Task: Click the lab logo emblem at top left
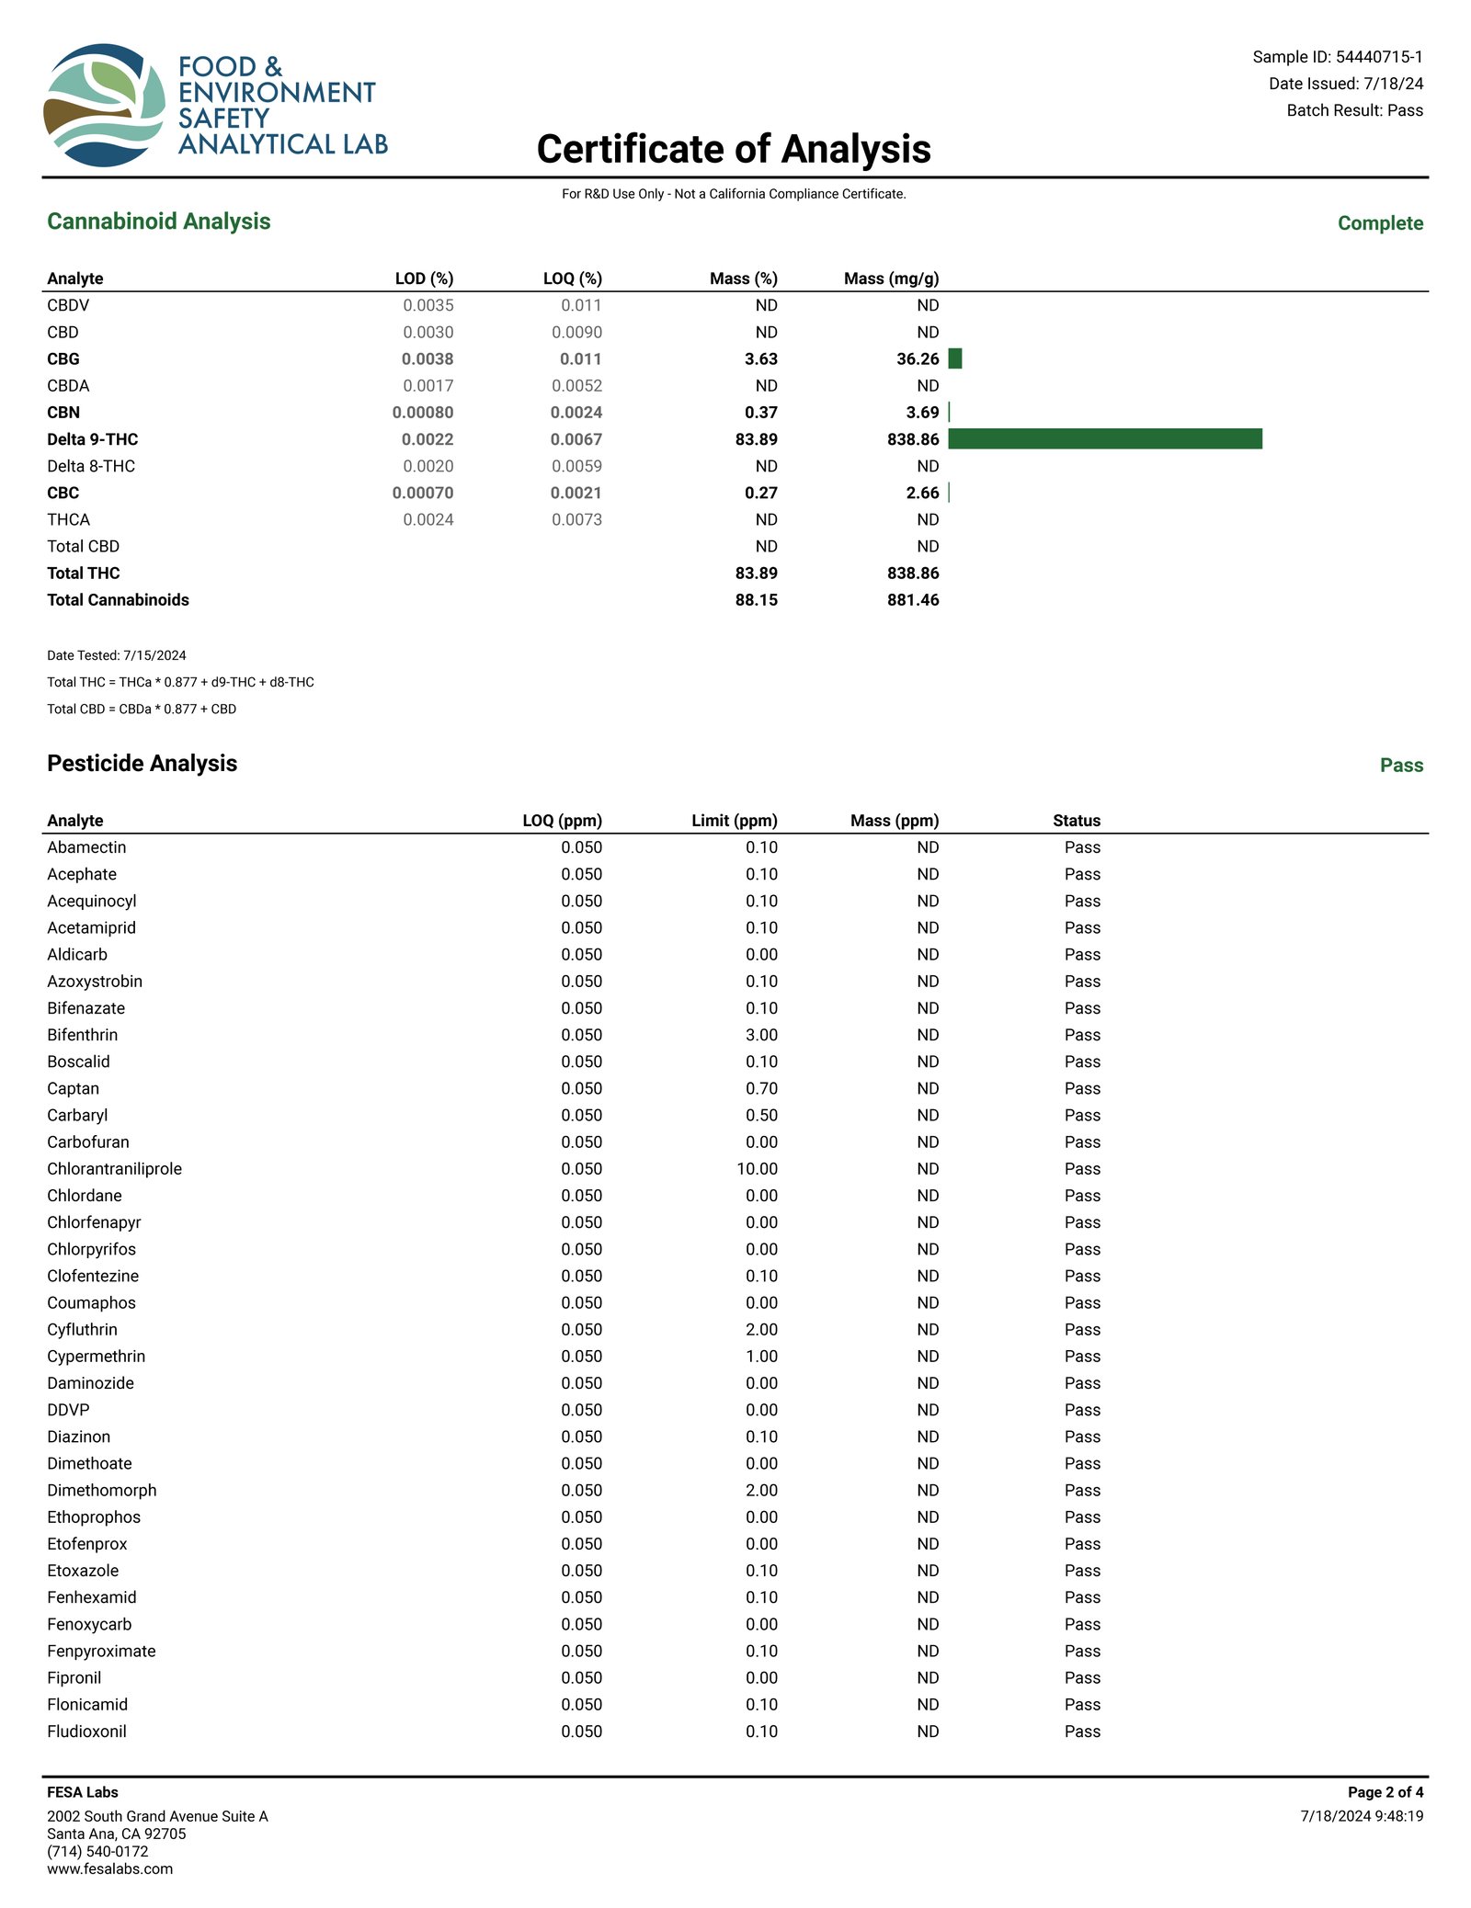pyautogui.click(x=104, y=105)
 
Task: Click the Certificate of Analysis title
pyautogui.click(x=734, y=149)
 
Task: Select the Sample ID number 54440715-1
pyautogui.click(x=1378, y=57)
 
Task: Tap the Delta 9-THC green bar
pyautogui.click(x=1104, y=439)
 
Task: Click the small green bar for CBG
pyautogui.click(x=954, y=359)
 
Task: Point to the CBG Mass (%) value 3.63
pyautogui.click(x=760, y=359)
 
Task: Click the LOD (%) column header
pyautogui.click(x=424, y=278)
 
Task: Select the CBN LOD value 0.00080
pyautogui.click(x=423, y=413)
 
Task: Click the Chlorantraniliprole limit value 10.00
pyautogui.click(x=757, y=1169)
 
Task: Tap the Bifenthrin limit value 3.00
pyautogui.click(x=761, y=1035)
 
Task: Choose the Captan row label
pyautogui.click(x=74, y=1088)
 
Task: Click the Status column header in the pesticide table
pyautogui.click(x=1077, y=821)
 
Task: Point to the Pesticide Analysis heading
pyautogui.click(x=143, y=764)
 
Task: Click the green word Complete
pyautogui.click(x=1379, y=223)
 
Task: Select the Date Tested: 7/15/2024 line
pyautogui.click(x=117, y=655)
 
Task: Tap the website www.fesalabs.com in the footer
pyautogui.click(x=109, y=1868)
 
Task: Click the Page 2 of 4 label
pyautogui.click(x=1385, y=1792)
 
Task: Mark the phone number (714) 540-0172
pyautogui.click(x=97, y=1851)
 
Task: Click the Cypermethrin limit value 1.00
pyautogui.click(x=761, y=1357)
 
